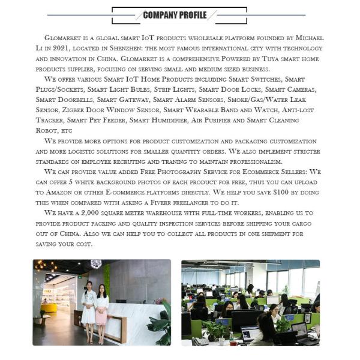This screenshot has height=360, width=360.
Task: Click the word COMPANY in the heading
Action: (159, 15)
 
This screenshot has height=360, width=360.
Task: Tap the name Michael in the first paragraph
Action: (307, 37)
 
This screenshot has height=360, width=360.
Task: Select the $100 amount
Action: (272, 193)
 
